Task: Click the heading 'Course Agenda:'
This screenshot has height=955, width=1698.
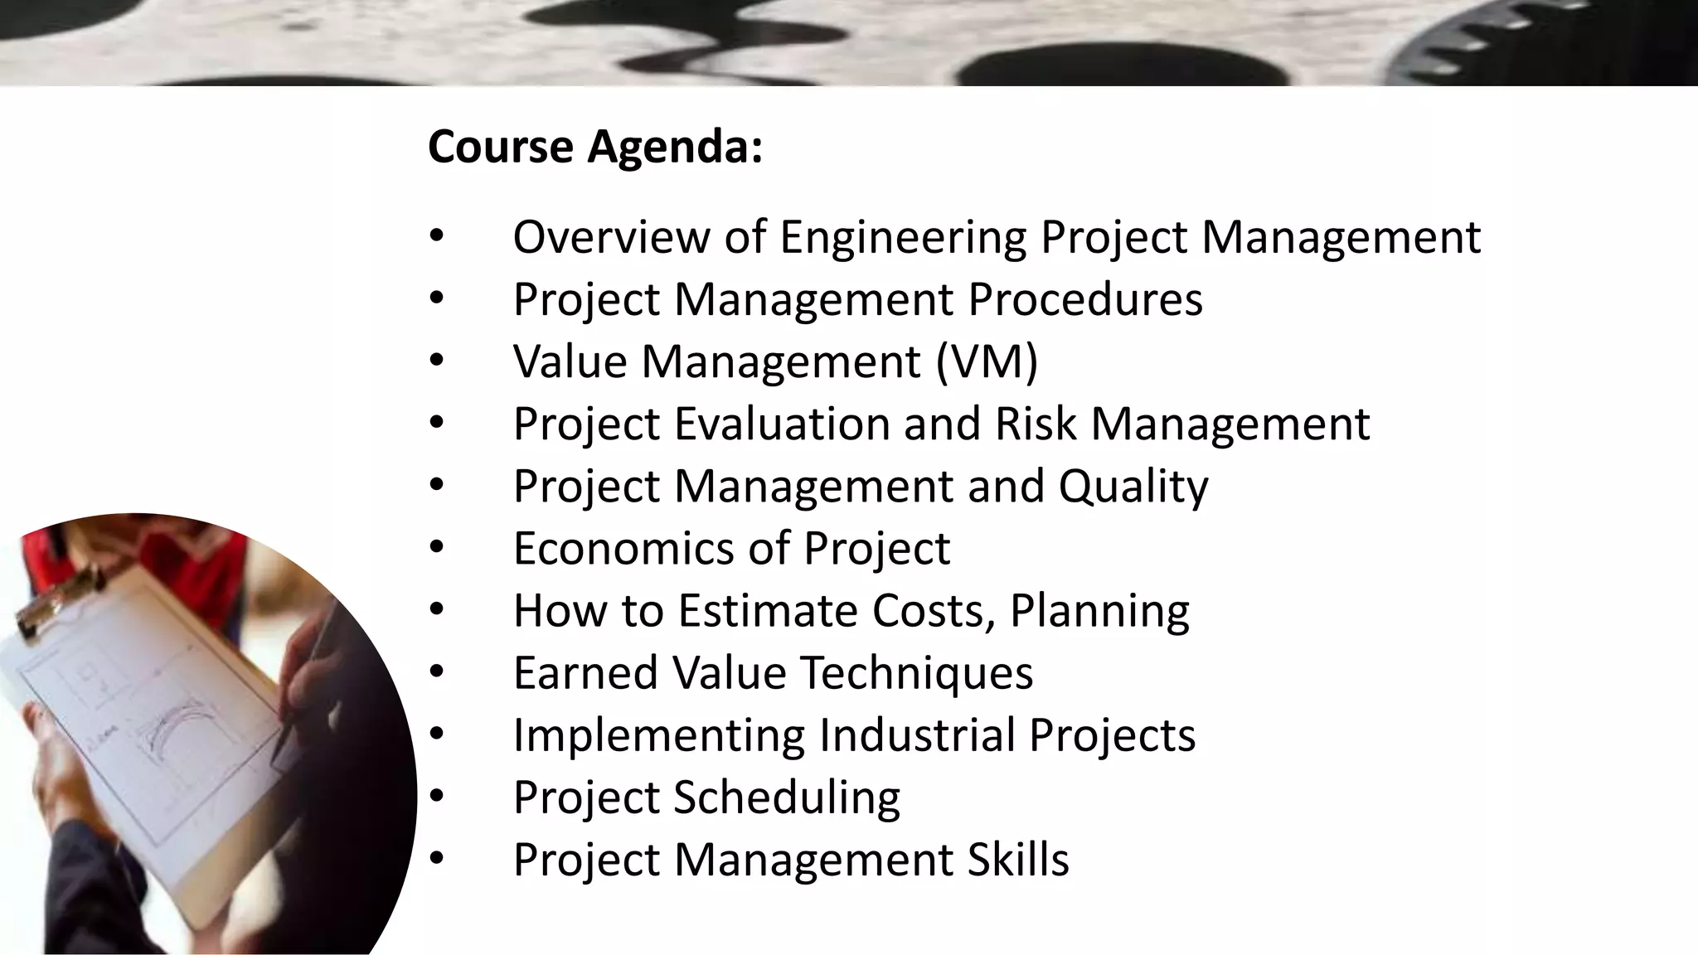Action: pos(594,147)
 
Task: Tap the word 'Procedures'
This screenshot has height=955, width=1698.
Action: pos(1084,299)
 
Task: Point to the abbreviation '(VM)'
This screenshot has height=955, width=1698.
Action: pos(987,362)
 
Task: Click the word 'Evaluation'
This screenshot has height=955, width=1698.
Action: pos(782,424)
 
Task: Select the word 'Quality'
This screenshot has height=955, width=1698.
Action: pos(1133,487)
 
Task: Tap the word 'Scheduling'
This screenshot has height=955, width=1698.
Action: pos(786,798)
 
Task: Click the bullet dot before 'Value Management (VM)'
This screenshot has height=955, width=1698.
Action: pos(437,361)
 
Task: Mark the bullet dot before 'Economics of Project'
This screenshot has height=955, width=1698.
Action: pos(437,547)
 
